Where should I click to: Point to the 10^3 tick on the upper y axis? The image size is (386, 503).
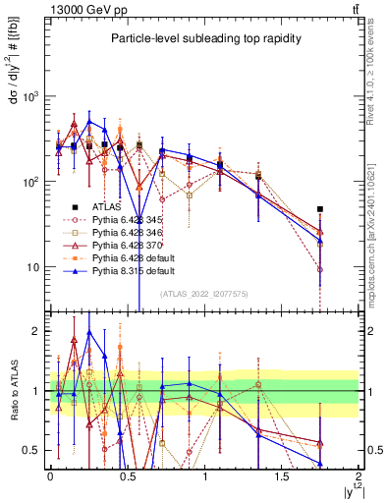pyautogui.click(x=31, y=96)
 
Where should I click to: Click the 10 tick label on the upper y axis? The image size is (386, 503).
pyautogui.click(x=33, y=267)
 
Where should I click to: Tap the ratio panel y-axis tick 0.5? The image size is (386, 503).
pyautogui.click(x=31, y=450)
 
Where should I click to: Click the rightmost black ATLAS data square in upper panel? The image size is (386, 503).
pyautogui.click(x=320, y=209)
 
